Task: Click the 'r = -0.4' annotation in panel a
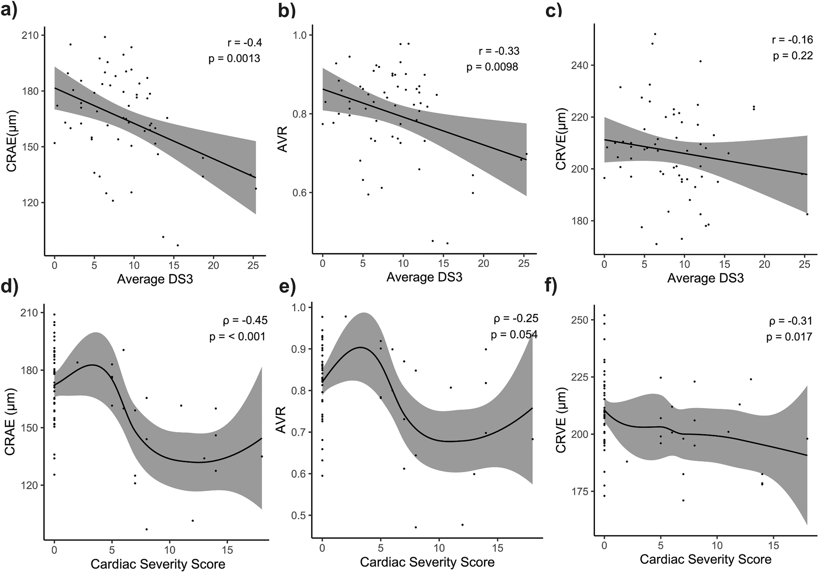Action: (x=244, y=43)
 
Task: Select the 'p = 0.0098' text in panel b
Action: (x=492, y=67)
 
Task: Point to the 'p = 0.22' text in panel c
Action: (x=793, y=56)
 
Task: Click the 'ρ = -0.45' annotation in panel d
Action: (x=245, y=320)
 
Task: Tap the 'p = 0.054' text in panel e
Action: (x=514, y=335)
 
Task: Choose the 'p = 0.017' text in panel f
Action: (x=789, y=337)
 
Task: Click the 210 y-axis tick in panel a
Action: (x=31, y=36)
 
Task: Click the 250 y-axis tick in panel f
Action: (x=579, y=320)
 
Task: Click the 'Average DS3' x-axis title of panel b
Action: (x=424, y=277)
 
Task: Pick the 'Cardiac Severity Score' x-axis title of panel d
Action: (x=158, y=564)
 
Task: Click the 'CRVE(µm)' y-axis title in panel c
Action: (x=561, y=139)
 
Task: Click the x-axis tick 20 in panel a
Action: (x=213, y=265)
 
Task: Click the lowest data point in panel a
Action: (x=178, y=245)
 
